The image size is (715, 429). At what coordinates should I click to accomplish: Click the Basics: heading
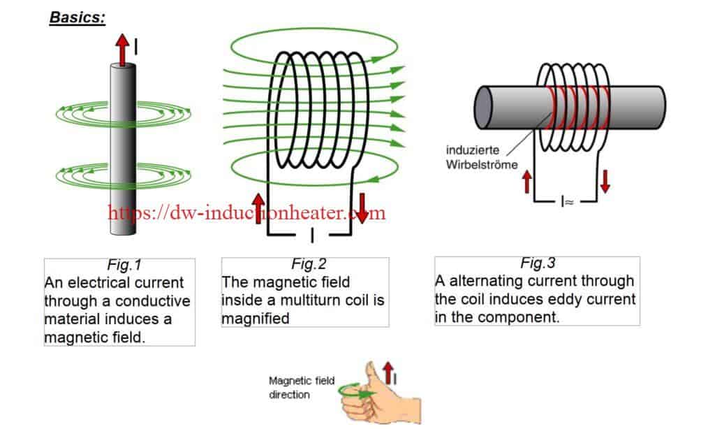pyautogui.click(x=77, y=17)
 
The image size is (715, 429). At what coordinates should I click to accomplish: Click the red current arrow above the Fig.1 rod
pyautogui.click(x=123, y=49)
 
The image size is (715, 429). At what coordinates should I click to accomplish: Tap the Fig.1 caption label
pyautogui.click(x=124, y=266)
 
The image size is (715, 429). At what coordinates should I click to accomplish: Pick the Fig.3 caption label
pyautogui.click(x=538, y=263)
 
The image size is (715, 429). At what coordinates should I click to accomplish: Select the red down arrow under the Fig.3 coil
pyautogui.click(x=605, y=180)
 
